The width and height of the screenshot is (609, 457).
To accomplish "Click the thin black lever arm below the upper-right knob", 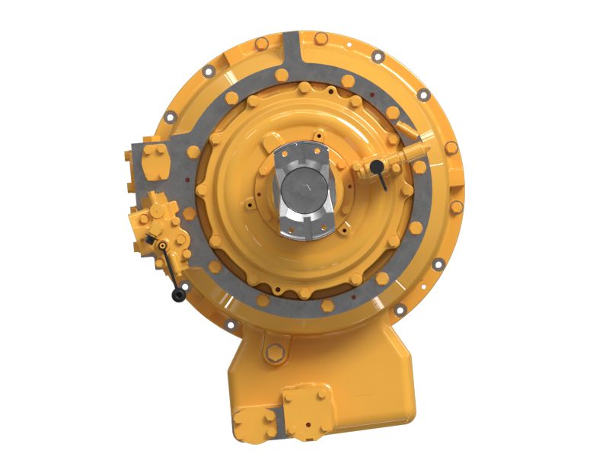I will [382, 180].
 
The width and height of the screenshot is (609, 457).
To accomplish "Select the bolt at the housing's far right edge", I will [456, 206].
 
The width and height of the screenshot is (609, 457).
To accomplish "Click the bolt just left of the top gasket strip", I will [262, 43].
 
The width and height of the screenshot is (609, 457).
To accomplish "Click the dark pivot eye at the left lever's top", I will [161, 244].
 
